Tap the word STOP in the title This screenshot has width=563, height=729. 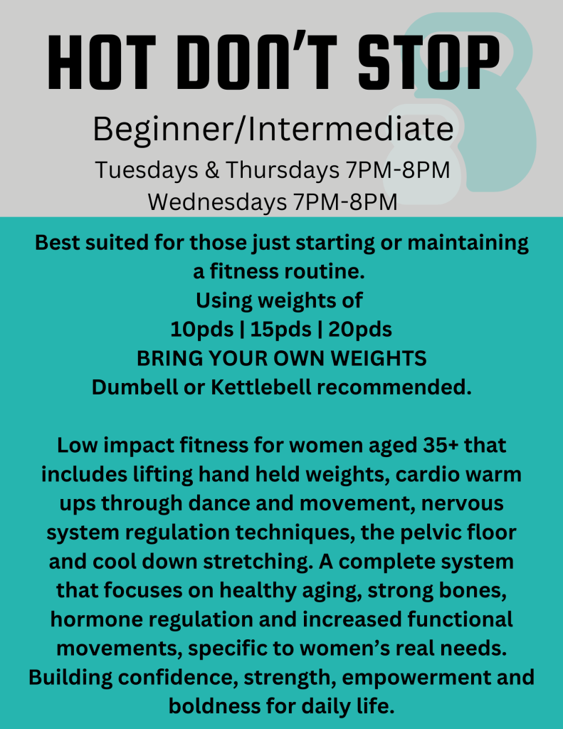click(x=428, y=63)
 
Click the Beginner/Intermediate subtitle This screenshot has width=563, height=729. click(x=273, y=130)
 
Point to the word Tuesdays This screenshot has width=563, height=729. click(x=147, y=170)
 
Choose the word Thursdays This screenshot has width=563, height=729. click(x=283, y=170)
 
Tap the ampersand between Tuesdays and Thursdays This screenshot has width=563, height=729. click(x=211, y=170)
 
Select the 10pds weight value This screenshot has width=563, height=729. click(x=201, y=330)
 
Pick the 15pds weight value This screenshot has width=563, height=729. click(x=281, y=330)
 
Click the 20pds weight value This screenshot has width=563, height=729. click(x=360, y=330)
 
